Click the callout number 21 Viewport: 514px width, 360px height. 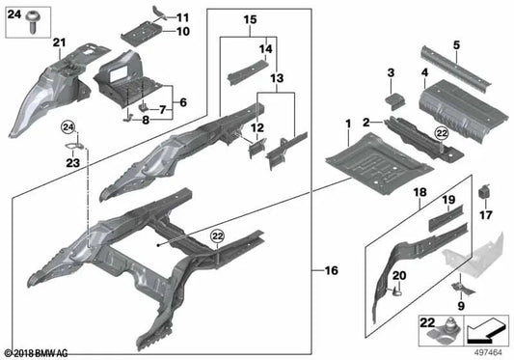point(59,42)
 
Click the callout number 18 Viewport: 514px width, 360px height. point(419,194)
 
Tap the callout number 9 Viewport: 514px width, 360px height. point(461,306)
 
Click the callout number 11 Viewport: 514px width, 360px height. point(183,17)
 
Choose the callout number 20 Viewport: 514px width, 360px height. point(398,278)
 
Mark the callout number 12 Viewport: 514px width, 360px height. point(257,127)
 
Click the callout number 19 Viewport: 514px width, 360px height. point(447,200)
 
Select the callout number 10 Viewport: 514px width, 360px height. point(183,31)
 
